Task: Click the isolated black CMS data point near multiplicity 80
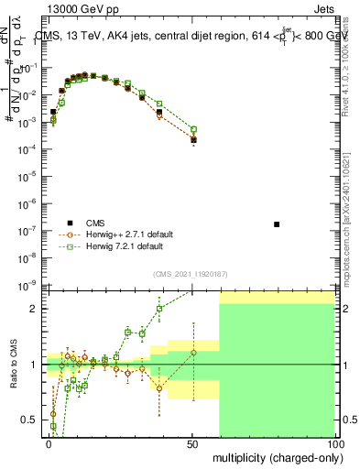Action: click(x=277, y=224)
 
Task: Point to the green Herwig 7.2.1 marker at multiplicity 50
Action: click(x=193, y=130)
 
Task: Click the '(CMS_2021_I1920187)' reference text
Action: click(x=190, y=273)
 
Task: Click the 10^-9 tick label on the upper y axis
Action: click(x=27, y=285)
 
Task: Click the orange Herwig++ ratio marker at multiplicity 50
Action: click(x=193, y=353)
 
